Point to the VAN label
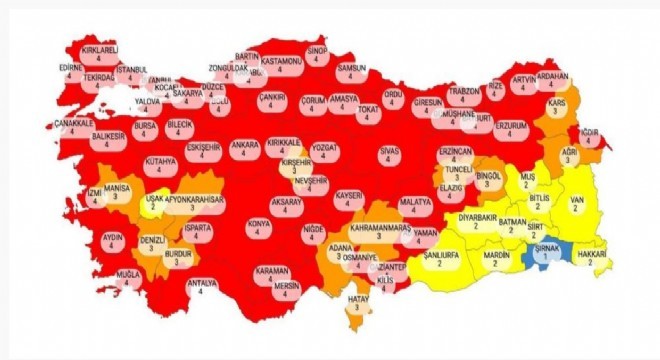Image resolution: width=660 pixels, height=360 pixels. (x=577, y=203)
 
